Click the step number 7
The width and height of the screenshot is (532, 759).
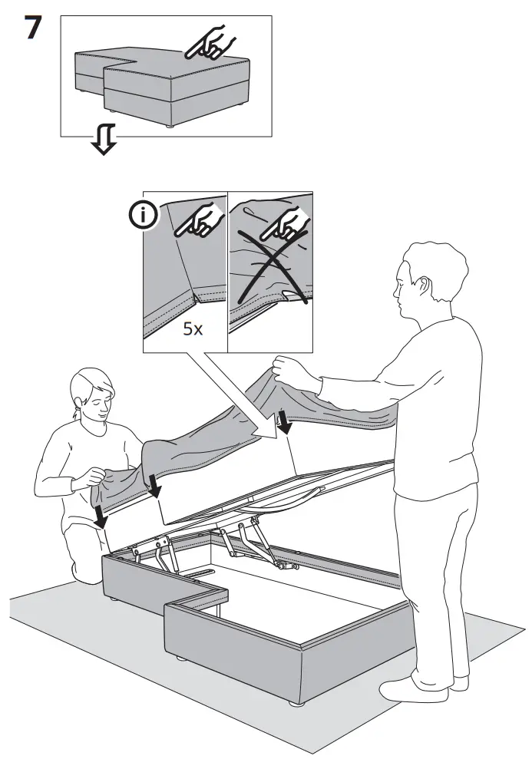32,28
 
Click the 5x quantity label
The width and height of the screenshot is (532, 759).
193,329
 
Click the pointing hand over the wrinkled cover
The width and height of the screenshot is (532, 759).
286,224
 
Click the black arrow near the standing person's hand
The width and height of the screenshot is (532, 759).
285,423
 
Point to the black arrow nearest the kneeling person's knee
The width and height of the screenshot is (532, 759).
101,516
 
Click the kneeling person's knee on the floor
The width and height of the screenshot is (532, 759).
83,573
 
